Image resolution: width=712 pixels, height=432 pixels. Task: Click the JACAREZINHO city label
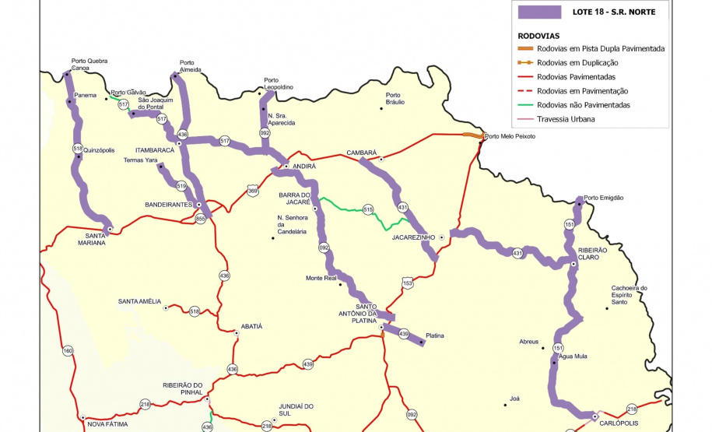[x=412, y=237]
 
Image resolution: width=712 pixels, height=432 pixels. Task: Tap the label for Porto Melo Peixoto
[x=510, y=136]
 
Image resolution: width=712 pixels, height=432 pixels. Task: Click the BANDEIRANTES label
[x=168, y=204]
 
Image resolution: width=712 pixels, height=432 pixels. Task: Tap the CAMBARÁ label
[x=362, y=153]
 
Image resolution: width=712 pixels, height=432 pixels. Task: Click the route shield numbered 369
[x=252, y=190]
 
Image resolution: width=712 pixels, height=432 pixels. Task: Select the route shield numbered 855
[x=200, y=220]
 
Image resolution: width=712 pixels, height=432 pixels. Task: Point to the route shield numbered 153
[x=407, y=284]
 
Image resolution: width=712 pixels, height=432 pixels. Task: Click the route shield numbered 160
[x=68, y=351]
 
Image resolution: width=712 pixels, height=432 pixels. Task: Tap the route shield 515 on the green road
[x=368, y=209]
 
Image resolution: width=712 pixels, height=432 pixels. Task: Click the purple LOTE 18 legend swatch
[x=540, y=12]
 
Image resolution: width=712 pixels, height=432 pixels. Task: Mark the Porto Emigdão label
[x=604, y=198]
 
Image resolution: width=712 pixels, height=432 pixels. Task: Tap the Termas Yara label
[x=140, y=160]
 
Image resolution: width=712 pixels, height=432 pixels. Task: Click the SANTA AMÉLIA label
[x=139, y=301]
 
